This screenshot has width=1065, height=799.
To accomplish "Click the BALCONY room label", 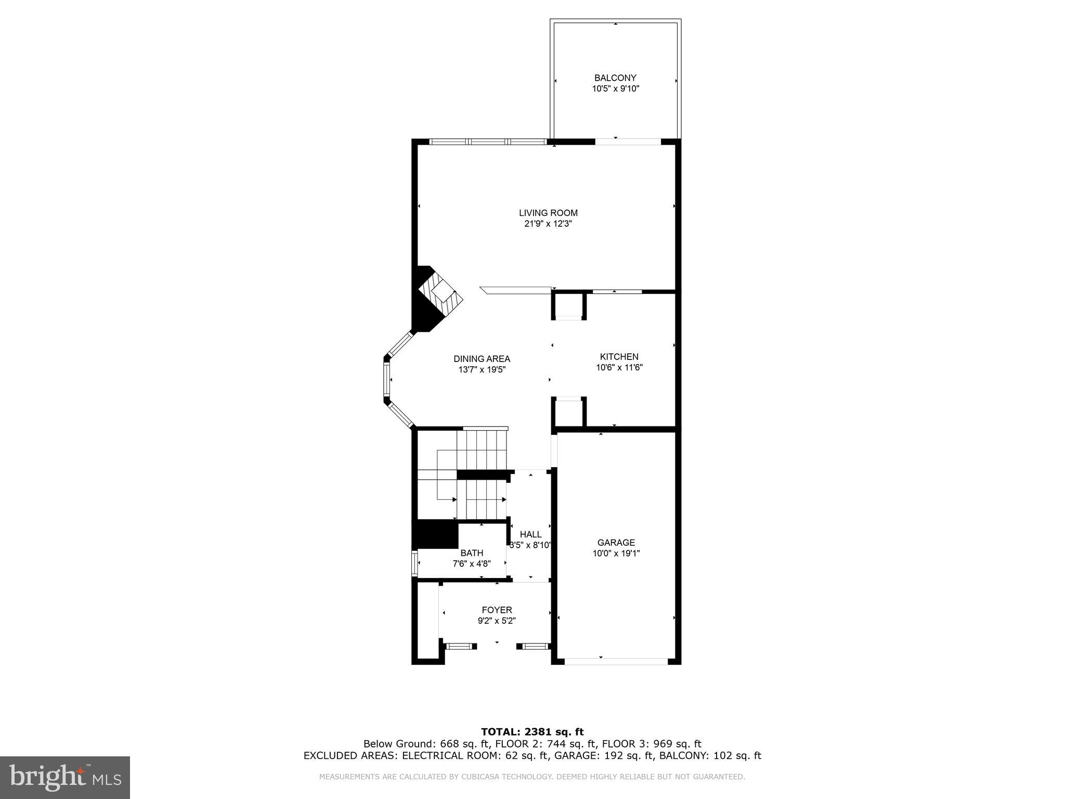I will click(615, 78).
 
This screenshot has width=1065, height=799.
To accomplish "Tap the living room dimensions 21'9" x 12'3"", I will click(548, 224).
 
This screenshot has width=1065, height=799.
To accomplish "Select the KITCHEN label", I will click(619, 357).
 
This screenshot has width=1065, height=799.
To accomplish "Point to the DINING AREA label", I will click(482, 359).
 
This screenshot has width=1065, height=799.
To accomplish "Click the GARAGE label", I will click(616, 543).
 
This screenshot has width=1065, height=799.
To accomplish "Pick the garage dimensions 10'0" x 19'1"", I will click(616, 553).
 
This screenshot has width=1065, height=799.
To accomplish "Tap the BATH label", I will click(472, 553).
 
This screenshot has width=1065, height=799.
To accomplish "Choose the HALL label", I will click(530, 534).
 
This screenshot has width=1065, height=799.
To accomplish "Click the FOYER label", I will click(497, 610).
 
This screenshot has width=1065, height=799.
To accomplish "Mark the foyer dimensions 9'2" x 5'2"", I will click(497, 621).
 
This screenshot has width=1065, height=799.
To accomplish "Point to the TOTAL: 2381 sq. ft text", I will click(532, 732).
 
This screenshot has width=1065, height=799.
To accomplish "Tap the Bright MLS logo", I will click(65, 777).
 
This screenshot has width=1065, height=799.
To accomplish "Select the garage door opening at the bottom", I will click(616, 661).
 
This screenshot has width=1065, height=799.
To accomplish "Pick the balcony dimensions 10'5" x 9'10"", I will click(615, 89).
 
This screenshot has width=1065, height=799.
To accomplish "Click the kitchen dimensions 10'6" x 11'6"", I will click(619, 367).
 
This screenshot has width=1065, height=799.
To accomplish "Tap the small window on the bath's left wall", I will click(414, 563).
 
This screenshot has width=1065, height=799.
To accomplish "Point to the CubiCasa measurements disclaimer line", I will click(532, 777).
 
